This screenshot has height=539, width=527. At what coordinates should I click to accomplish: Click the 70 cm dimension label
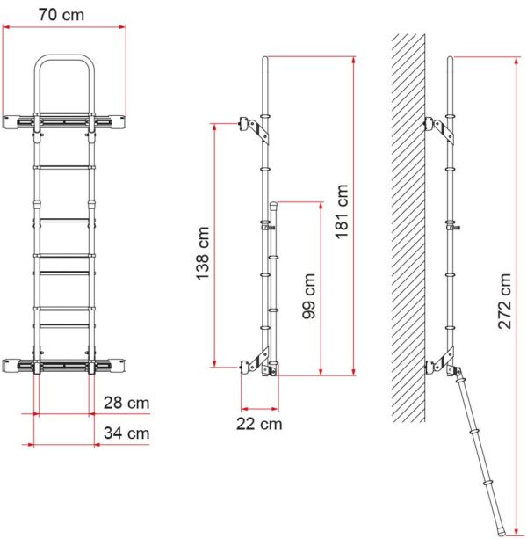click(x=61, y=15)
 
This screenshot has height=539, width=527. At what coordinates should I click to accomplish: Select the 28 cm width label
click(x=126, y=403)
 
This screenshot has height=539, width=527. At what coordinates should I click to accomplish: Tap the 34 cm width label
click(x=126, y=433)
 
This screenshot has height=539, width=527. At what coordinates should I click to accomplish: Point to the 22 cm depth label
click(x=259, y=424)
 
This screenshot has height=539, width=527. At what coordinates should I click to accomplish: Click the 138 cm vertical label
click(x=203, y=253)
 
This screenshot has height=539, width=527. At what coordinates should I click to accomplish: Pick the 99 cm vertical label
click(x=309, y=296)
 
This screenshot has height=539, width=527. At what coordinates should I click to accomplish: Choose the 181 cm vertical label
click(x=342, y=211)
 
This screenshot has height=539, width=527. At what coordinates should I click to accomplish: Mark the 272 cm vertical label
click(x=505, y=301)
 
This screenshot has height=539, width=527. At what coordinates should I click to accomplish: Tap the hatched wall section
click(x=408, y=228)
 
